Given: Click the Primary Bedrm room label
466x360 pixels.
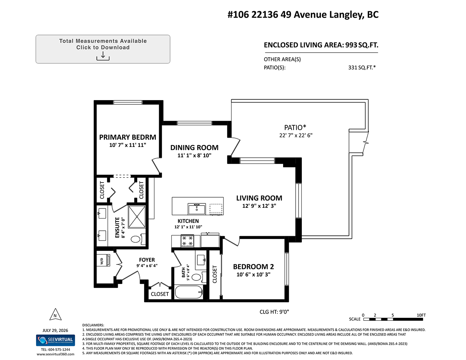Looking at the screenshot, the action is [127, 137].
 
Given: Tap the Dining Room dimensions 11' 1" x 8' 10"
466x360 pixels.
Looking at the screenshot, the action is [194, 156].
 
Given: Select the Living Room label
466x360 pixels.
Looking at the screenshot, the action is [259, 198].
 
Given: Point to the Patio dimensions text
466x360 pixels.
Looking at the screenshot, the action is [296, 135].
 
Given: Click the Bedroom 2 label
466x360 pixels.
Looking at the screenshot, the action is [254, 267].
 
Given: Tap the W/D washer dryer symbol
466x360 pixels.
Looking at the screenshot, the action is [103, 260].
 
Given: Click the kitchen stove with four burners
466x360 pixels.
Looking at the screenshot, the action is [187, 241].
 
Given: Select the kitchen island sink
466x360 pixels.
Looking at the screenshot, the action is [197, 209].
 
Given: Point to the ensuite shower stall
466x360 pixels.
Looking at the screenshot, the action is [137, 217].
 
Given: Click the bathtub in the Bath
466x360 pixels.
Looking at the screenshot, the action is [188, 292].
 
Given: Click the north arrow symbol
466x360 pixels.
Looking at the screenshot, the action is [55, 314].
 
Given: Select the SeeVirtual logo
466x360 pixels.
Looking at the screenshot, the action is [55, 340].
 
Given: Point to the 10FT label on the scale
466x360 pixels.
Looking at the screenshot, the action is [421, 315].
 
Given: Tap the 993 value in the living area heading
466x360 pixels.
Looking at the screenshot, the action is [351, 45].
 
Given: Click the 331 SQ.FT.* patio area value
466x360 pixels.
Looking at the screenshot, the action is [362, 68].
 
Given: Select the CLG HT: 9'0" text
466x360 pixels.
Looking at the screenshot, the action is [274, 312].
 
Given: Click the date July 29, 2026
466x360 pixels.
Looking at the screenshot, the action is [55, 330].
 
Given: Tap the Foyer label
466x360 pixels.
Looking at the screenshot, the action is [147, 260].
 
